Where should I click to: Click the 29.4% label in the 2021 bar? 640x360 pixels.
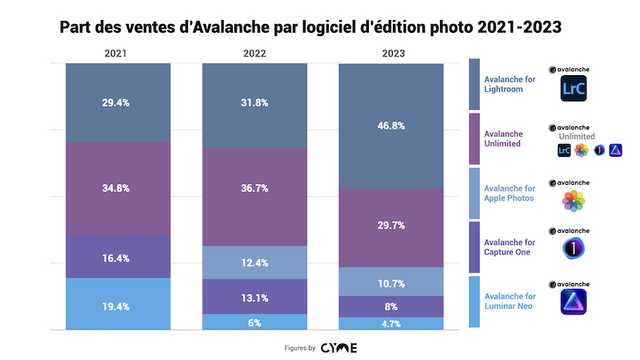pos(118,102)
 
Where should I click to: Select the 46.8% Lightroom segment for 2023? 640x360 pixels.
pos(390,126)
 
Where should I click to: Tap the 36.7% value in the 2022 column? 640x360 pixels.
pos(254,189)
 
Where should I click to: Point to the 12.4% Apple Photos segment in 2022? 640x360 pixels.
pos(254,262)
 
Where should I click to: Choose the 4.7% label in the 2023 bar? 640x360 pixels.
pos(390,323)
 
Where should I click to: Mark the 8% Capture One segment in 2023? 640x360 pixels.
pos(390,306)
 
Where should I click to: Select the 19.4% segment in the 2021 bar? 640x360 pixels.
pos(118,306)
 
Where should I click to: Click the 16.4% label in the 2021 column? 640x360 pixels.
pos(118,258)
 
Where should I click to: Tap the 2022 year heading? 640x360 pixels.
pos(254,54)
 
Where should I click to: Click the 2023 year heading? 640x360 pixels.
pos(390,54)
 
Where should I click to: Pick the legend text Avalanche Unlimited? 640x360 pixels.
pos(503,138)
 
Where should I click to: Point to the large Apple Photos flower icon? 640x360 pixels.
pos(573,201)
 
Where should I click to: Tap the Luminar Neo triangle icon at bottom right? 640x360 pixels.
pos(573,303)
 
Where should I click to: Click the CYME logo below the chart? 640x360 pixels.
pos(339,348)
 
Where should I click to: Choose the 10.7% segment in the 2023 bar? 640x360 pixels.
pos(390,282)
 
